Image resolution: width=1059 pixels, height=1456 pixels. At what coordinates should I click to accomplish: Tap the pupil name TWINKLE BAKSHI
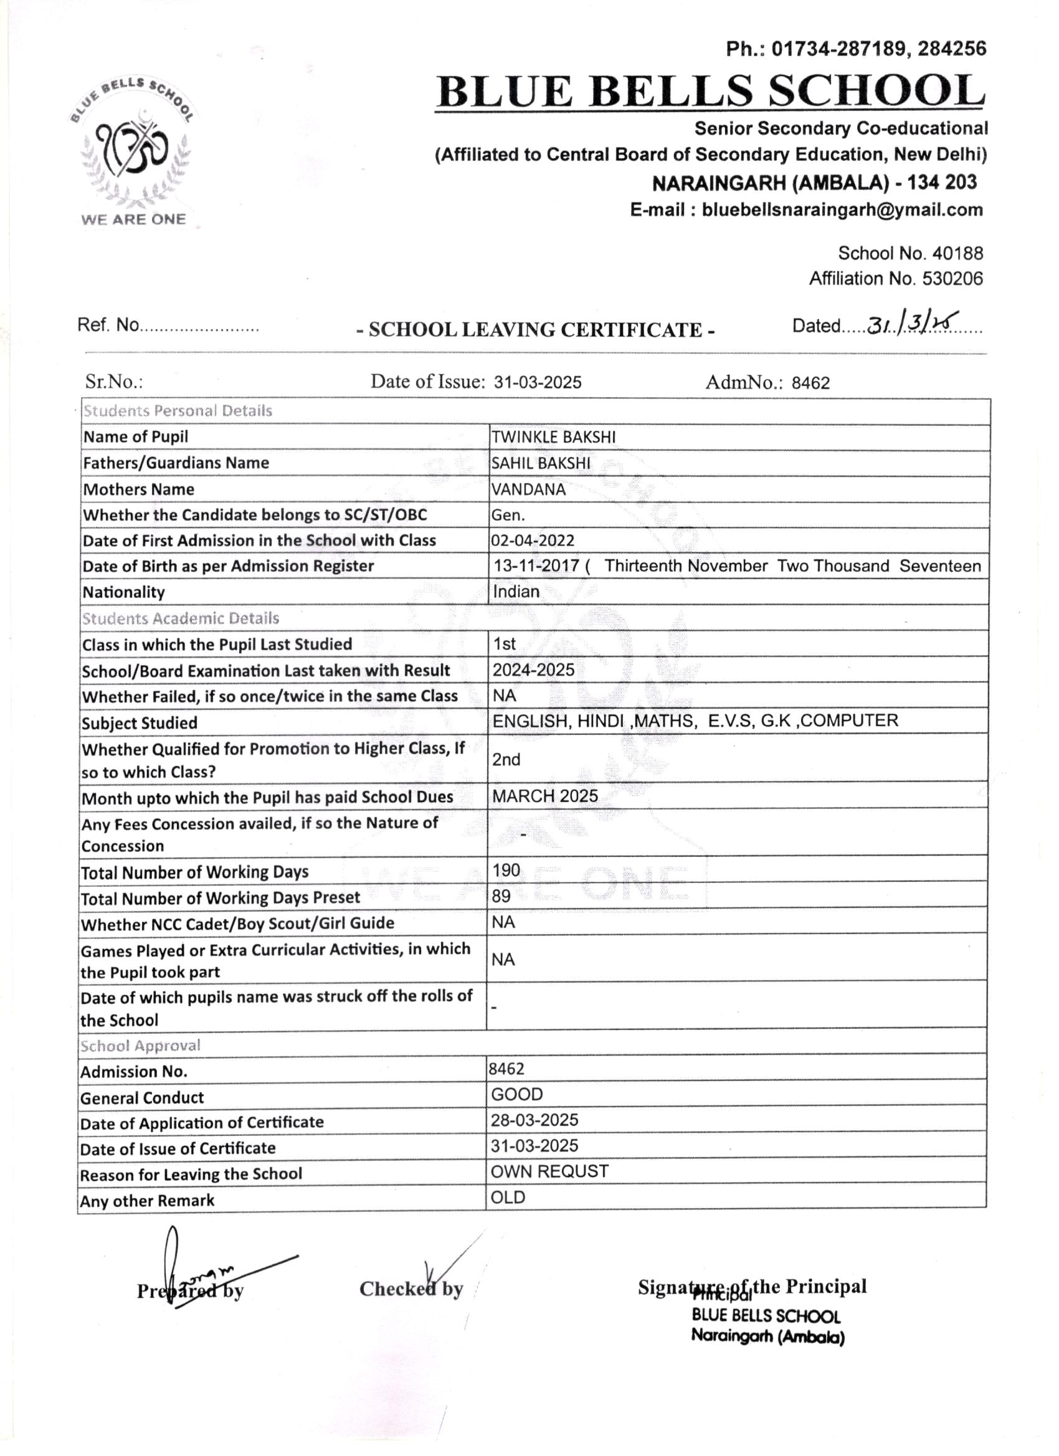pyautogui.click(x=553, y=437)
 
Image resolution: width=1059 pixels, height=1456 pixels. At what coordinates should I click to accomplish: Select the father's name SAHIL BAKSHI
pyautogui.click(x=541, y=463)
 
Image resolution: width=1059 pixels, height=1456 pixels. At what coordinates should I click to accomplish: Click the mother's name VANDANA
pyautogui.click(x=528, y=489)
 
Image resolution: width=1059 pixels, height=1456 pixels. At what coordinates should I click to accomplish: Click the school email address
pyautogui.click(x=806, y=210)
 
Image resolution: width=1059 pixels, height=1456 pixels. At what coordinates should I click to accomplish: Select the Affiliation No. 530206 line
pyautogui.click(x=895, y=278)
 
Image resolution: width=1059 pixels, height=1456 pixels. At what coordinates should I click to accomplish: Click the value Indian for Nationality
pyautogui.click(x=516, y=591)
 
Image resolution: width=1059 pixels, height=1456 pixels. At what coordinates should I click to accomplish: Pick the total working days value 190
pyautogui.click(x=506, y=870)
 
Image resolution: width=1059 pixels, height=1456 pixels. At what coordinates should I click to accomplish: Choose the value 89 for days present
pyautogui.click(x=501, y=896)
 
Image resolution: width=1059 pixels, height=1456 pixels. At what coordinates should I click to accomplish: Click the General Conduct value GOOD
pyautogui.click(x=517, y=1094)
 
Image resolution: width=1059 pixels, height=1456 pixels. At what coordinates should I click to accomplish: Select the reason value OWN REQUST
pyautogui.click(x=549, y=1171)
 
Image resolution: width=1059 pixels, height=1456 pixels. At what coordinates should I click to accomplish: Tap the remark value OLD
pyautogui.click(x=508, y=1198)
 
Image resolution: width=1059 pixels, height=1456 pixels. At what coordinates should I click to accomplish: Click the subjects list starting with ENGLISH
pyautogui.click(x=695, y=721)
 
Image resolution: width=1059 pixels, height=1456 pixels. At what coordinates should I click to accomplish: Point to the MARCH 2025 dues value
pyautogui.click(x=544, y=796)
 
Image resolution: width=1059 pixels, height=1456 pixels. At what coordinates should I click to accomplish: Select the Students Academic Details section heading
pyautogui.click(x=181, y=618)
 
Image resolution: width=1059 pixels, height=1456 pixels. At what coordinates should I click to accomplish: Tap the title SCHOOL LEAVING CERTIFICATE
pyautogui.click(x=536, y=329)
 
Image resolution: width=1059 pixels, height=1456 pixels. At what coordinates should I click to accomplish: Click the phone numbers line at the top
pyautogui.click(x=855, y=49)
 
